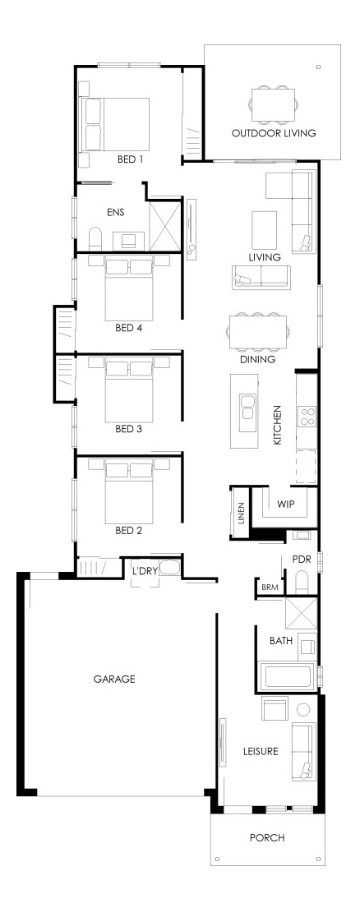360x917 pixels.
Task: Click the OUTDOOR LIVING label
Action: pyautogui.click(x=274, y=133)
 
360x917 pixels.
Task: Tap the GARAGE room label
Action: pyautogui.click(x=114, y=679)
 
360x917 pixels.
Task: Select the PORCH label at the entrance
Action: pyautogui.click(x=267, y=838)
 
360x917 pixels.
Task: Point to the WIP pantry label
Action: pyautogui.click(x=285, y=504)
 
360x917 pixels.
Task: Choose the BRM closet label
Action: pyautogui.click(x=270, y=588)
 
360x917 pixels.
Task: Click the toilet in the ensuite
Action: pyautogui.click(x=95, y=238)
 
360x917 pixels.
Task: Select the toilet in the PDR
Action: pyautogui.click(x=302, y=581)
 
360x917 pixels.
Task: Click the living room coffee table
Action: pyautogui.click(x=264, y=228)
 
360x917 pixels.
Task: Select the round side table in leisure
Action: pyautogui.click(x=303, y=709)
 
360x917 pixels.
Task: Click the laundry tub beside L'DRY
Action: pyautogui.click(x=169, y=567)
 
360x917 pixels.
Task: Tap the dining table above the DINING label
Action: pyautogui.click(x=257, y=333)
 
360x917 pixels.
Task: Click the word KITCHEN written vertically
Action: pyautogui.click(x=278, y=425)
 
